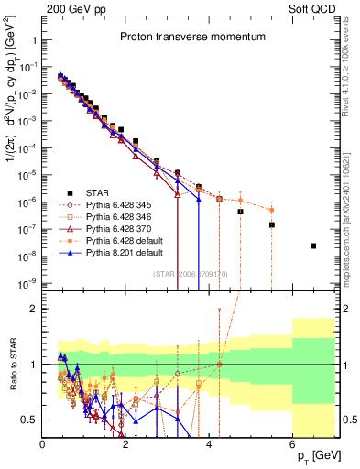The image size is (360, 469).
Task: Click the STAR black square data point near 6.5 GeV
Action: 313,245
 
